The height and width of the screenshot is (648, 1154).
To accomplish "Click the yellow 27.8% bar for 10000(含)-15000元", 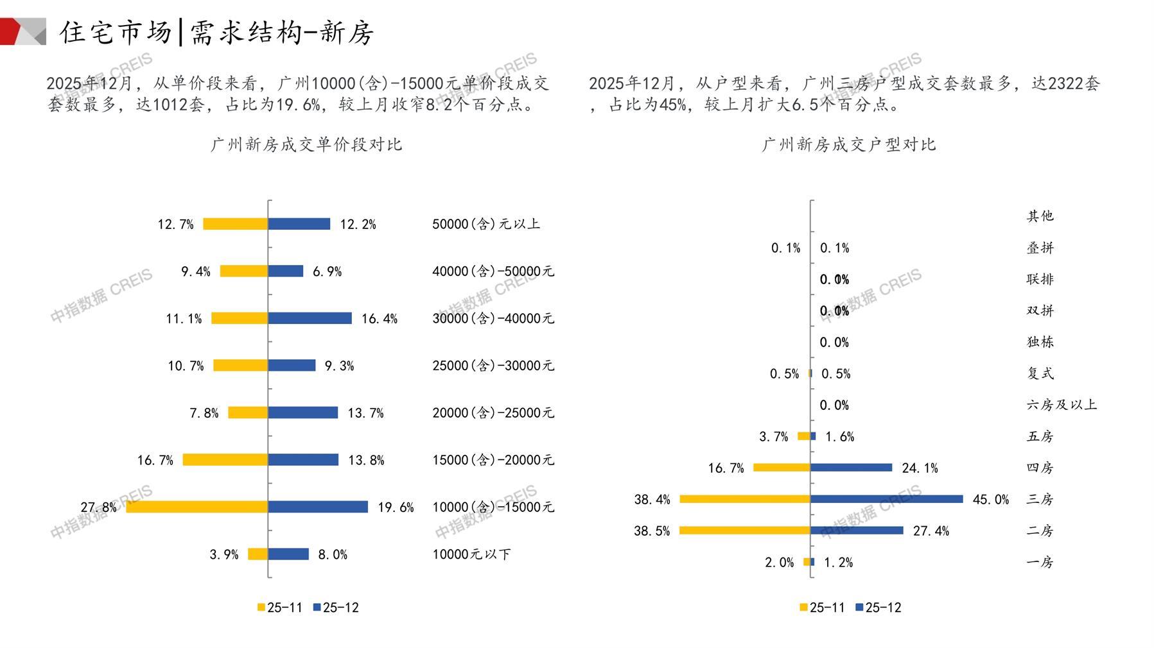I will (x=197, y=507).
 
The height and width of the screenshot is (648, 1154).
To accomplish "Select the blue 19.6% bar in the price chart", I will (x=318, y=507).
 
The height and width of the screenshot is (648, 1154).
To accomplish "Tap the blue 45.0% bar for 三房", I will (x=886, y=499).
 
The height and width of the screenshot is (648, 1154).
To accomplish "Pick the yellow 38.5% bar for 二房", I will (x=745, y=531).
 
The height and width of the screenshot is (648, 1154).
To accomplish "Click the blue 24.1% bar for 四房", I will (x=851, y=468).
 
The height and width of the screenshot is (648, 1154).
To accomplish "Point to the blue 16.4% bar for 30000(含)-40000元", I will (x=310, y=318).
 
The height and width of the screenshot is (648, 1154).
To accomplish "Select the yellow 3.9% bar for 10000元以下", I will (x=258, y=554).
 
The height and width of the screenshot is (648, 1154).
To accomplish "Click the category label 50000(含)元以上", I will (x=486, y=224).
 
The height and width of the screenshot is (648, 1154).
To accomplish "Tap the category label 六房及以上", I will (x=1062, y=405).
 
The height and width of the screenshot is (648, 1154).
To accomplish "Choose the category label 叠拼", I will (x=1040, y=248).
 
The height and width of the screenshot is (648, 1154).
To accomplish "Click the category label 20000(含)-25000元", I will (x=493, y=413).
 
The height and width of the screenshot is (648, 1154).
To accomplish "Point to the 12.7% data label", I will (x=175, y=224).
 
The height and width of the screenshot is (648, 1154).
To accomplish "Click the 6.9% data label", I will (x=327, y=271).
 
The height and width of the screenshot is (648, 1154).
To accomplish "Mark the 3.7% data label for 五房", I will (x=773, y=437).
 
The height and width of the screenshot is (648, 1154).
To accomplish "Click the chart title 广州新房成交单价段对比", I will (x=306, y=144).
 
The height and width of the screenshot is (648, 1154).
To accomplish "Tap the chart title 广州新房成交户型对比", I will (x=848, y=144).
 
